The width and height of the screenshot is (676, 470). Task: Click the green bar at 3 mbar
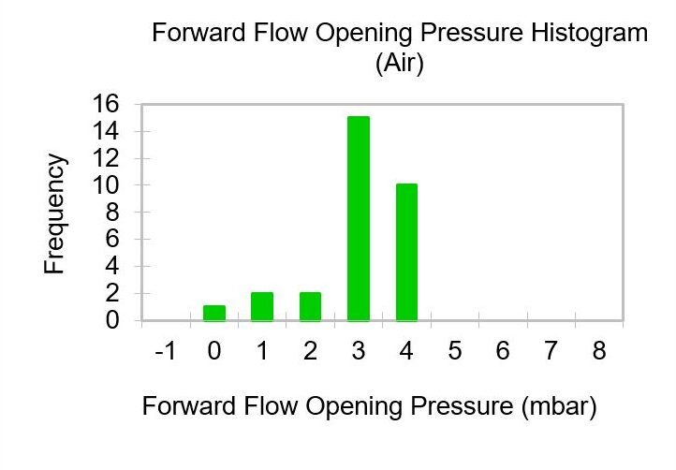click(x=359, y=218)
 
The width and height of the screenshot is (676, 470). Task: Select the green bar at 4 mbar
click(x=406, y=252)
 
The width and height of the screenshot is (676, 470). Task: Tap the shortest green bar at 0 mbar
click(x=214, y=313)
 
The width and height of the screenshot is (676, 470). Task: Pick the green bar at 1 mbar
click(x=262, y=306)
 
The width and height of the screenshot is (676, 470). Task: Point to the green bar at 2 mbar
click(x=311, y=306)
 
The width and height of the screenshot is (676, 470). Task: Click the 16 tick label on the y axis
click(x=105, y=104)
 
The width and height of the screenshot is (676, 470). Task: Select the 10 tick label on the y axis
click(x=105, y=185)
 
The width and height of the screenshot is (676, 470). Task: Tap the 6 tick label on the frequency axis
click(x=112, y=239)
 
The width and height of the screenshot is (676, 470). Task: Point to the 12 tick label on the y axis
click(x=105, y=158)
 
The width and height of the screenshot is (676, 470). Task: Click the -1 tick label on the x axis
click(x=166, y=350)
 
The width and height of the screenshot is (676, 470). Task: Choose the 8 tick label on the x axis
click(x=599, y=350)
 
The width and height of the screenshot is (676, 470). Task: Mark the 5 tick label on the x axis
click(x=455, y=350)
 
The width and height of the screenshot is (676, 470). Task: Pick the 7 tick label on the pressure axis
click(x=551, y=350)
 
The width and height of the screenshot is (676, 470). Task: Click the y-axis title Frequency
click(x=54, y=213)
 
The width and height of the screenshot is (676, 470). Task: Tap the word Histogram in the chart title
click(x=589, y=34)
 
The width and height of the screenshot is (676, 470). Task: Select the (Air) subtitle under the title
click(x=400, y=64)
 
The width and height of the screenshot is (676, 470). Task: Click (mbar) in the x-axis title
click(x=559, y=406)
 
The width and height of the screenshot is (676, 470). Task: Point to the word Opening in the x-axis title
click(x=354, y=407)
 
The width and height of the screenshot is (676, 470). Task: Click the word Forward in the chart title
click(x=199, y=33)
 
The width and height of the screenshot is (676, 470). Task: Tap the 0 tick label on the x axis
click(x=214, y=350)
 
